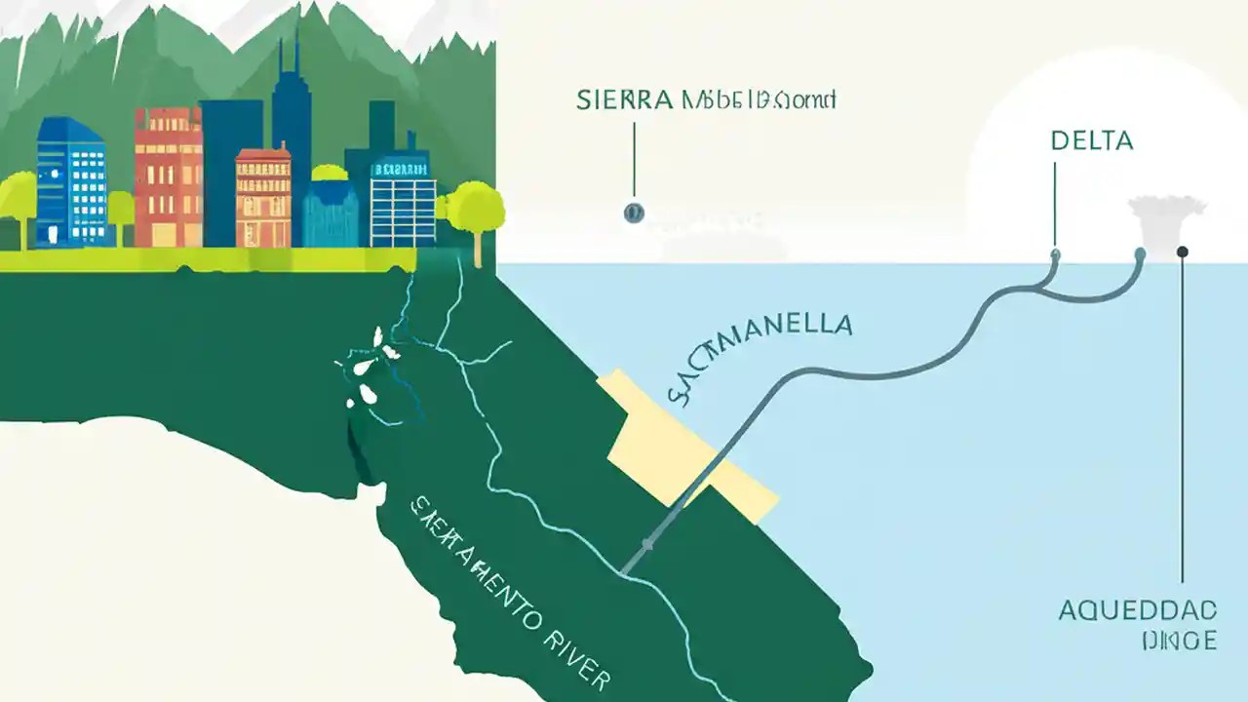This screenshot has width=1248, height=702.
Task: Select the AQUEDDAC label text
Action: coord(1137,611)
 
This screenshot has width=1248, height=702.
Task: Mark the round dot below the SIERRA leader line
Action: coord(634,212)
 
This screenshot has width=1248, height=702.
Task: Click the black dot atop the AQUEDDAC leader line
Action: coord(1183,252)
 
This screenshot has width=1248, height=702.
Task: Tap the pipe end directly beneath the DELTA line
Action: coord(1055,254)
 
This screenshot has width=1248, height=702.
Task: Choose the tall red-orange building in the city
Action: coord(167,175)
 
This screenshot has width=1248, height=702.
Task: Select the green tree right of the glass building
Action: coord(477,210)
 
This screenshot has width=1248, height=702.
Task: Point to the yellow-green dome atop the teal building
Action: coord(330,173)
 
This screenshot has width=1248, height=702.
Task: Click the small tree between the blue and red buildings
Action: coord(121,210)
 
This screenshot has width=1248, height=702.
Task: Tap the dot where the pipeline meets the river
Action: coord(646,543)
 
